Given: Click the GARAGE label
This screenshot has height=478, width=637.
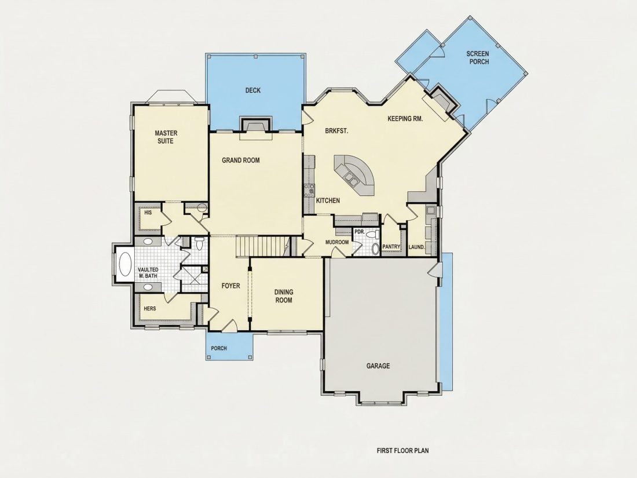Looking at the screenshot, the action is [378, 366].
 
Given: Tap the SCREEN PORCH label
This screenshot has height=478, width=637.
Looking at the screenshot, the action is [478, 58].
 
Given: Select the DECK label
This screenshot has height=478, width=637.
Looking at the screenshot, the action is [252, 90].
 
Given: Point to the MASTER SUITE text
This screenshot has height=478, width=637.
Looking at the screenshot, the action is [166, 137].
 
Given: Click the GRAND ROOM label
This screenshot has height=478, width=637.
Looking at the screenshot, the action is [240, 160].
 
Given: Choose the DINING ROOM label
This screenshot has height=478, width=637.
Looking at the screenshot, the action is [284, 296].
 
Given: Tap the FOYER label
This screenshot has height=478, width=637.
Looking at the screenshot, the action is [230, 286].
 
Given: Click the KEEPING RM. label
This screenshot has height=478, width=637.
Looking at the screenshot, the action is [405, 119].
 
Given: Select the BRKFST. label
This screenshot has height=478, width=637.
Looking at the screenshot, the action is [337, 131].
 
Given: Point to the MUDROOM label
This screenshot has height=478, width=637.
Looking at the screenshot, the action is [337, 242].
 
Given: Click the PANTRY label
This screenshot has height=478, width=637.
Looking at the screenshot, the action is [391, 247].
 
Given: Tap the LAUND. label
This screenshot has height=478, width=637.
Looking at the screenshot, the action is [417, 247].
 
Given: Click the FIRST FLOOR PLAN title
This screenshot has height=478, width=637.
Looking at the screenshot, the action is [402, 450].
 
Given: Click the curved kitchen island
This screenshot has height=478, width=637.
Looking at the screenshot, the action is [354, 175].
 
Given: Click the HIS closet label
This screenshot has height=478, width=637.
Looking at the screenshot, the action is [148, 212].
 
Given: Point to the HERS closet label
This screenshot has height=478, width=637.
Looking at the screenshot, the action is [149, 308].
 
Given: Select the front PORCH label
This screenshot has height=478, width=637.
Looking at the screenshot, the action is [219, 348].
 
